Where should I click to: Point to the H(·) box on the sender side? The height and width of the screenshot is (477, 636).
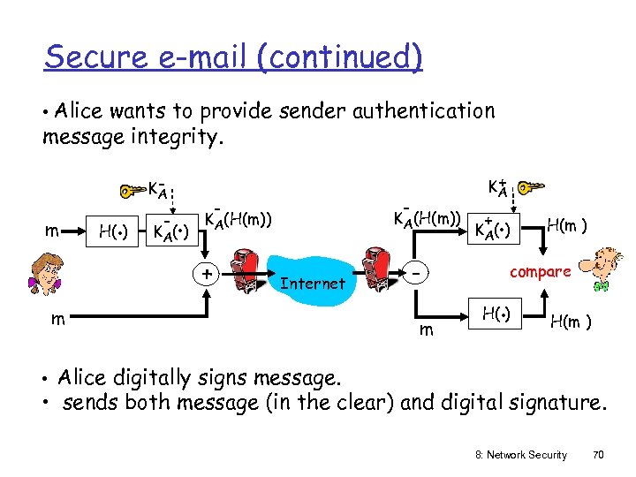pyautogui.click(x=111, y=233)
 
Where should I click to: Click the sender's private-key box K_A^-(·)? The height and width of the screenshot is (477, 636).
pyautogui.click(x=171, y=233)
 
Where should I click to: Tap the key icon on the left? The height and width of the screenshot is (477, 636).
pyautogui.click(x=132, y=190)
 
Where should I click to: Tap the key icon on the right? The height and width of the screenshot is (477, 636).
pyautogui.click(x=532, y=187)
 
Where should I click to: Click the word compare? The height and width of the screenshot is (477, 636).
pyautogui.click(x=540, y=272)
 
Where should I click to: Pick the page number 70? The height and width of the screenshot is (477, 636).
pyautogui.click(x=597, y=454)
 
